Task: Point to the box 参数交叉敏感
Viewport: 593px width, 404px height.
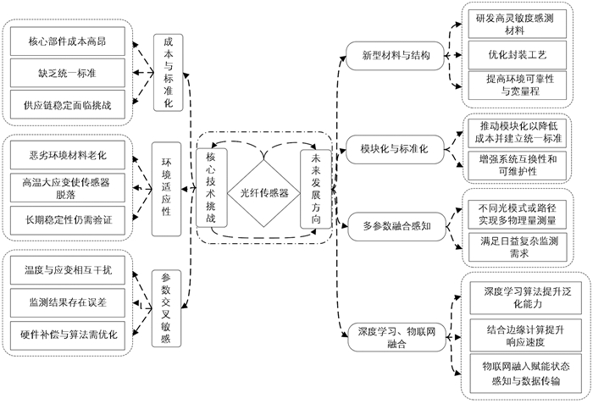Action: click(166, 307)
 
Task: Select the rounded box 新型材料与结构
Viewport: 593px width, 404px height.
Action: click(391, 56)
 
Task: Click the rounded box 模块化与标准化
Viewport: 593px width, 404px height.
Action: click(391, 148)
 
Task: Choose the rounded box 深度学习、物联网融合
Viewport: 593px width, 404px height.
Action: click(391, 333)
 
